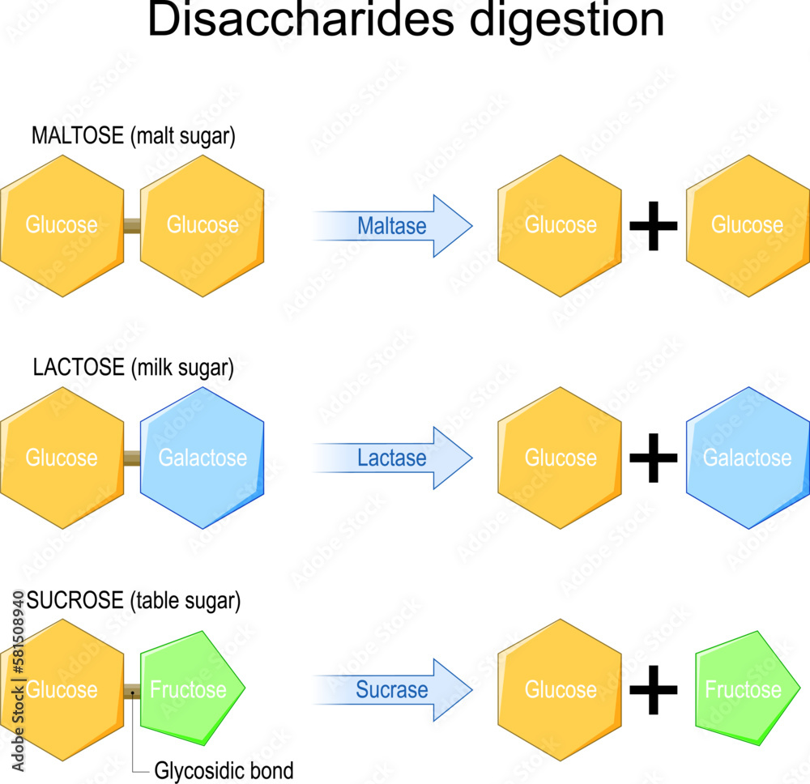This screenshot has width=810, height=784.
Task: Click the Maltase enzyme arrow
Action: pyautogui.click(x=393, y=226)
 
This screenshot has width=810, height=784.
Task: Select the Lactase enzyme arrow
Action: pyautogui.click(x=393, y=458)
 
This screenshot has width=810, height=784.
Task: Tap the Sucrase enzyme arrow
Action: pyautogui.click(x=393, y=690)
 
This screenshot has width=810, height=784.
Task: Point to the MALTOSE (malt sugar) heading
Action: pyautogui.click(x=134, y=136)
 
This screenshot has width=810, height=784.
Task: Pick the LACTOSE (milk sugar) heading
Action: pyautogui.click(x=134, y=368)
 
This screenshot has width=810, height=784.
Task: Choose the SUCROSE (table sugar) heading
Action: pyautogui.click(x=134, y=601)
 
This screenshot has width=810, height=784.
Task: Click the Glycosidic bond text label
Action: pyautogui.click(x=224, y=769)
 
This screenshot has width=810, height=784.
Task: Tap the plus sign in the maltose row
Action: pyautogui.click(x=654, y=227)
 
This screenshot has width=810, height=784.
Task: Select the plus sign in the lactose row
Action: pyautogui.click(x=654, y=458)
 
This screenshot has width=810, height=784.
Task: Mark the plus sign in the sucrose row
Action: pyautogui.click(x=654, y=690)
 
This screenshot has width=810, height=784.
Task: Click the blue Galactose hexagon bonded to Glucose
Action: pyautogui.click(x=202, y=458)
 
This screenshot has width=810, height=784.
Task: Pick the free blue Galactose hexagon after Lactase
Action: pyautogui.click(x=747, y=458)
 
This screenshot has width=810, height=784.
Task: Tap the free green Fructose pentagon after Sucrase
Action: pyautogui.click(x=744, y=688)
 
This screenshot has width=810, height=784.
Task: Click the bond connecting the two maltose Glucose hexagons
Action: pyautogui.click(x=132, y=227)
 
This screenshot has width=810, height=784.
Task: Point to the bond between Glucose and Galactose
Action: pyautogui.click(x=132, y=458)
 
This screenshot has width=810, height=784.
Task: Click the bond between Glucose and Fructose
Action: pyautogui.click(x=132, y=690)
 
